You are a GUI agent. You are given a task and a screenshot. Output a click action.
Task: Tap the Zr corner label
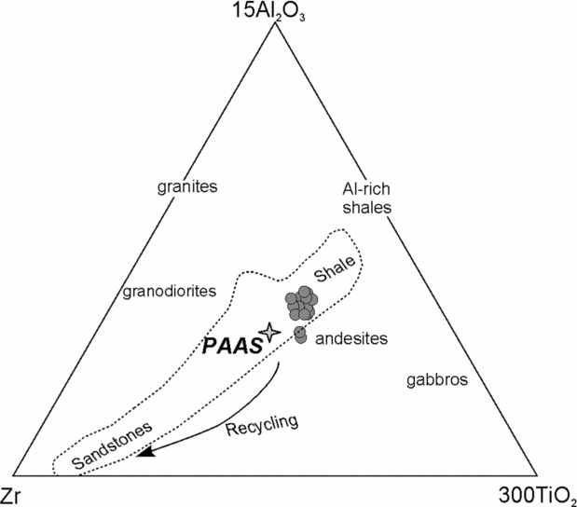14,494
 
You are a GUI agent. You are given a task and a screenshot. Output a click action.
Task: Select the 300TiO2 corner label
540,494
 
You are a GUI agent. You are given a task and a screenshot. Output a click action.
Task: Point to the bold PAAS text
230,346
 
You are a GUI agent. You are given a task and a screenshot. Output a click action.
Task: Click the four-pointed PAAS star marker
269,333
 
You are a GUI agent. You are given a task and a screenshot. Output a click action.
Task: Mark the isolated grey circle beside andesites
300,334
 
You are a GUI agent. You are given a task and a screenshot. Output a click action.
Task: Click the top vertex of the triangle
277,22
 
